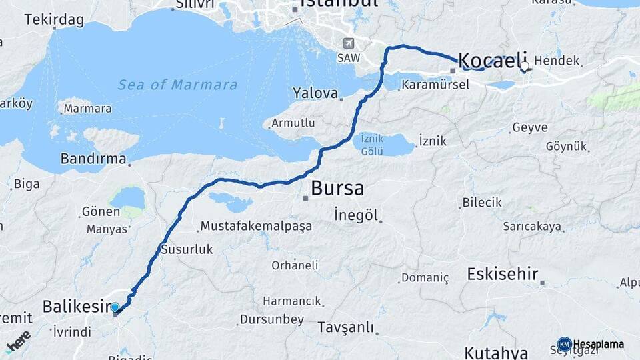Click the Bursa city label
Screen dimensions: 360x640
coord(337,188)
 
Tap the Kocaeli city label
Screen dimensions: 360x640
coord(493,59)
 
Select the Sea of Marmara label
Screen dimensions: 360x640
coord(177,85)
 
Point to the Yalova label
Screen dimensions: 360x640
coord(316,93)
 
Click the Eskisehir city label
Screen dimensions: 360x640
coord(503,274)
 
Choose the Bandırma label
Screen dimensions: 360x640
coord(93,159)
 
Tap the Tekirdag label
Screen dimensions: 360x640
coord(54,19)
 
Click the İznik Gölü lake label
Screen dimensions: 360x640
coord(372,143)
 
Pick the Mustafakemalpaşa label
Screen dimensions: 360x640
coord(256,226)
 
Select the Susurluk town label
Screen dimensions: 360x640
coord(187,249)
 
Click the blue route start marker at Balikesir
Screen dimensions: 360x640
coord(115,307)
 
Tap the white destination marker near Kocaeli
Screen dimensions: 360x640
coord(525,66)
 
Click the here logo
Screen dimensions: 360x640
coord(18,341)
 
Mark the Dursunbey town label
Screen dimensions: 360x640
coord(274,319)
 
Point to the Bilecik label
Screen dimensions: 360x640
coord(482,202)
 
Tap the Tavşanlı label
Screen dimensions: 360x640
coord(345,327)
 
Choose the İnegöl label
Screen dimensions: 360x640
coord(356,215)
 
